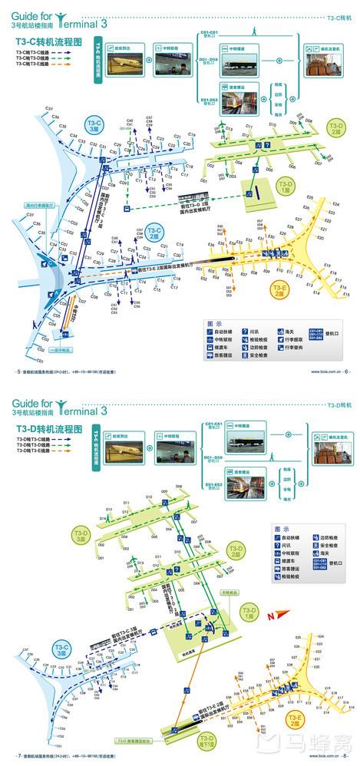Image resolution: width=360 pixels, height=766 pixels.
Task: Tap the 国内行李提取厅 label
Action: click(x=38, y=206)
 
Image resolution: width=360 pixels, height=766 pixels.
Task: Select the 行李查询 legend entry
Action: click(x=296, y=347)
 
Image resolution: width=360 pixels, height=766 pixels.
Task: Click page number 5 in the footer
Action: click(x=18, y=371)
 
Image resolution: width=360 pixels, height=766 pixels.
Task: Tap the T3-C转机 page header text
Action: click(x=339, y=16)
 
